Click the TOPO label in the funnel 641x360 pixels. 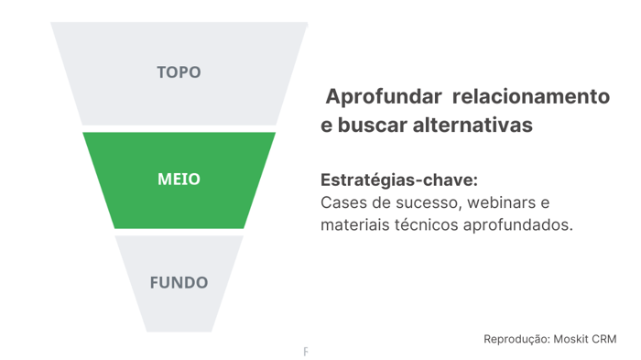179,71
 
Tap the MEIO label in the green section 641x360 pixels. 179,180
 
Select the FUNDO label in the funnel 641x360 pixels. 179,282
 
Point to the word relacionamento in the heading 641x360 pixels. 530,96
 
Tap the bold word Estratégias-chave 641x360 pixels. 399,180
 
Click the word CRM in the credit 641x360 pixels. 605,339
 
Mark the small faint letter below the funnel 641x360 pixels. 306,352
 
